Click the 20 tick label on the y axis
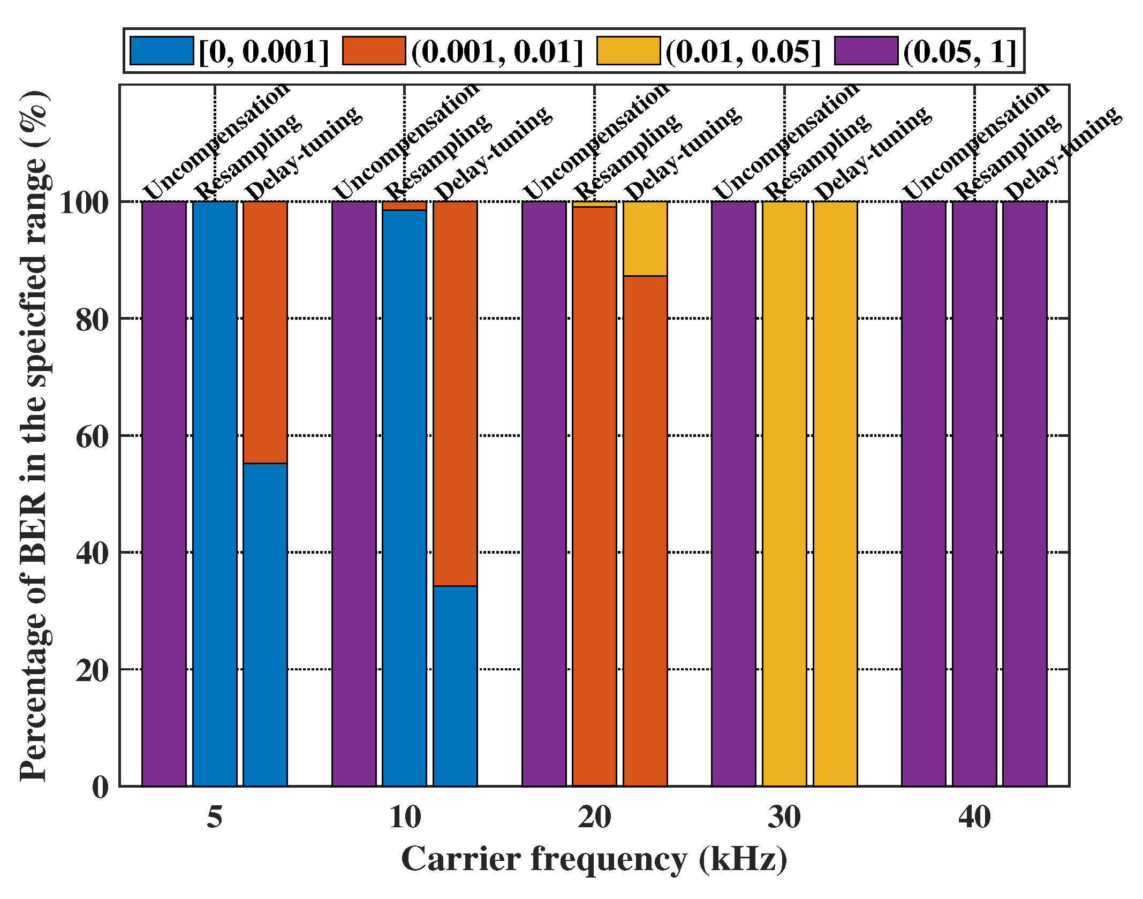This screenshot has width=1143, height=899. pyautogui.click(x=93, y=670)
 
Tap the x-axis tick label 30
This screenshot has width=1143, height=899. pyautogui.click(x=784, y=818)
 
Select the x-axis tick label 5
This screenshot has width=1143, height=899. pyautogui.click(x=215, y=818)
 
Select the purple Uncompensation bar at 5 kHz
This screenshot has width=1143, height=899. pyautogui.click(x=164, y=493)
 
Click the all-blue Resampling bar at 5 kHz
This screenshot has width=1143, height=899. pyautogui.click(x=215, y=493)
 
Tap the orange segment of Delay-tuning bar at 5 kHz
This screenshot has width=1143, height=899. pyautogui.click(x=265, y=332)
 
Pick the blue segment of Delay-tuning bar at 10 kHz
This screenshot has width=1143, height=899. pyautogui.click(x=455, y=685)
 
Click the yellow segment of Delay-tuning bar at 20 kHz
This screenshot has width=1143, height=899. pyautogui.click(x=645, y=239)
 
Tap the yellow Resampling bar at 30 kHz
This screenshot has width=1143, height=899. pyautogui.click(x=784, y=493)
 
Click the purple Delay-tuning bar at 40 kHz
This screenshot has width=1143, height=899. pyautogui.click(x=1025, y=493)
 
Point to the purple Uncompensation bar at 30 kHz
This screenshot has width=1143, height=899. pyautogui.click(x=733, y=493)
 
